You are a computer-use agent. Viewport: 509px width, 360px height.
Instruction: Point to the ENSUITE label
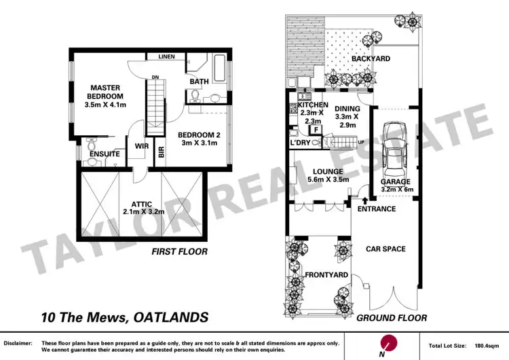(x=104, y=154)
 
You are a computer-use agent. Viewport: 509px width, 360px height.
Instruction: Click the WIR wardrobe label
(x=142, y=145)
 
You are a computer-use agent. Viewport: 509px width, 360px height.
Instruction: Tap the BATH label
(x=199, y=82)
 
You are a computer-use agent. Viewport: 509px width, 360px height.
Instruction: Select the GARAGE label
(x=395, y=183)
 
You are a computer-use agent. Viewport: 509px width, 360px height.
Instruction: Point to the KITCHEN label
(x=313, y=105)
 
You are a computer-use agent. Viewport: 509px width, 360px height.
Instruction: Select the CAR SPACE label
(x=385, y=249)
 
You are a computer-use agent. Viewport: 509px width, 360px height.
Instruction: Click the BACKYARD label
(x=370, y=59)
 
